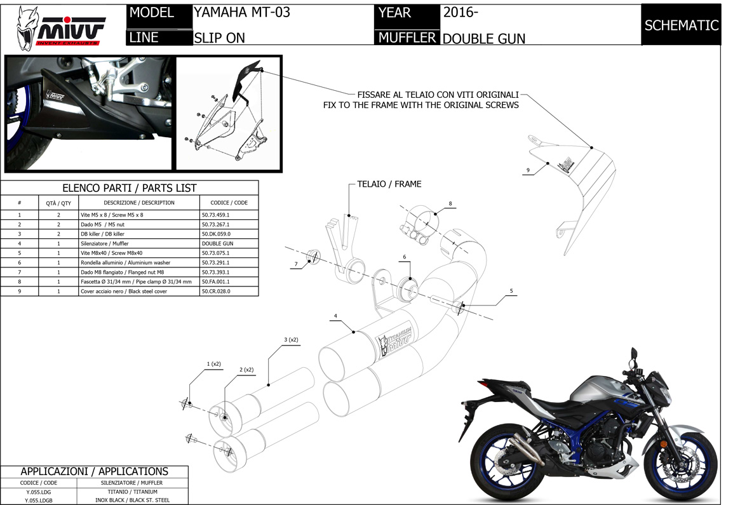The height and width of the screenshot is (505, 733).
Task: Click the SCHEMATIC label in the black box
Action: [x=681, y=25]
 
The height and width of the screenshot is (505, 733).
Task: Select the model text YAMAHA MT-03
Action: [x=241, y=13]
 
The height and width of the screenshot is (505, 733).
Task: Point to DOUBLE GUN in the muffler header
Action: [x=483, y=38]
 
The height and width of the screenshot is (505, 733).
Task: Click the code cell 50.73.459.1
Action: [x=215, y=215]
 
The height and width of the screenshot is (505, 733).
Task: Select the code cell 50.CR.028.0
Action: [x=215, y=291]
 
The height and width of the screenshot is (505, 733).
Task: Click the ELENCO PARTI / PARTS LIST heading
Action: [x=130, y=188]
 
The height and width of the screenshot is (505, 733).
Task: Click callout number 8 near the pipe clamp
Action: [x=450, y=204]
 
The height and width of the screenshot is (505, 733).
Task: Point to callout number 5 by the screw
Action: [x=511, y=292]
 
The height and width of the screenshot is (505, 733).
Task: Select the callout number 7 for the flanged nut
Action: [x=296, y=264]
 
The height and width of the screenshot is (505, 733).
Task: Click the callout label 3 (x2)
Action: [x=291, y=340]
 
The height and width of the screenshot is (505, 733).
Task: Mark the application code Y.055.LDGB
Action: [x=38, y=501]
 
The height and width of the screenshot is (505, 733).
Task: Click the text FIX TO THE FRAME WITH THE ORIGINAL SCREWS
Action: [x=421, y=105]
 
